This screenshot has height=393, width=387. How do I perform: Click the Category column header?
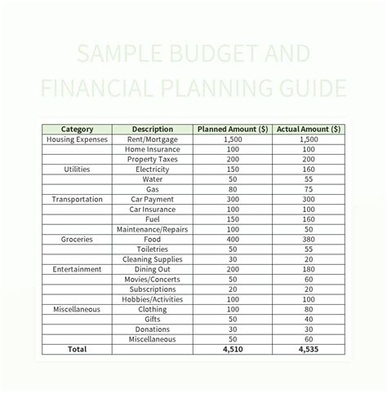tap(77, 129)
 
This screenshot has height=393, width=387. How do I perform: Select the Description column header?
tap(152, 129)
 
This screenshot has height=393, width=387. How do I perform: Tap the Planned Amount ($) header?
tap(233, 129)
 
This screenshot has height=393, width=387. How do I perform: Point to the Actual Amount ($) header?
tap(308, 129)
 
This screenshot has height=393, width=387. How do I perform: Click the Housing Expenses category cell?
tap(77, 139)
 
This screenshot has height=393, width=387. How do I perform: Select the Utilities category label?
tap(77, 169)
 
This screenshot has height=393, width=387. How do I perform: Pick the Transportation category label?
tap(77, 199)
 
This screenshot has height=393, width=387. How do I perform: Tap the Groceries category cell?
tap(77, 239)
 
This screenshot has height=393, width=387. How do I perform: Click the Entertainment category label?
tap(77, 269)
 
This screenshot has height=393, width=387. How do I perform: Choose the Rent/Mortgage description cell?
tap(152, 139)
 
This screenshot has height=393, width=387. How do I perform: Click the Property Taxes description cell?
tap(152, 159)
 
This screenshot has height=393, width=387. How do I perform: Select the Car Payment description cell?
tap(152, 199)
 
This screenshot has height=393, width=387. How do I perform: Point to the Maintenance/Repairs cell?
tap(152, 229)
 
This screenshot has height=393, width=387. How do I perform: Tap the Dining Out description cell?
tap(152, 269)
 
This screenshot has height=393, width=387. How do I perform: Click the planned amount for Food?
tap(233, 239)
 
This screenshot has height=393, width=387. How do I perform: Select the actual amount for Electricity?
tap(308, 169)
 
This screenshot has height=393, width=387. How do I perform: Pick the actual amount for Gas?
tap(308, 189)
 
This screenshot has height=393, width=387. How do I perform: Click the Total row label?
tap(77, 349)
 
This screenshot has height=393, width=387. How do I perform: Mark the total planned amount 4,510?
tap(233, 349)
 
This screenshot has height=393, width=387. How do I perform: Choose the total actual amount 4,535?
tap(308, 349)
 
